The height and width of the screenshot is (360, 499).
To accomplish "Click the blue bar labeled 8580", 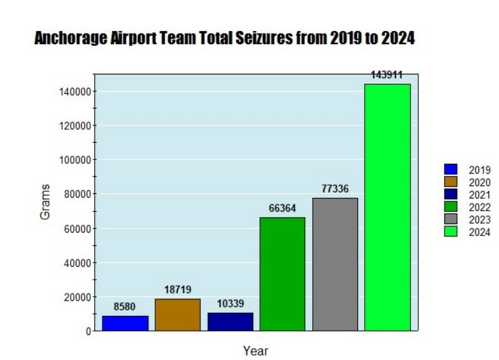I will click(x=125, y=323).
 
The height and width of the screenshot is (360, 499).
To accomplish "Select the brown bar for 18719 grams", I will click(x=178, y=315).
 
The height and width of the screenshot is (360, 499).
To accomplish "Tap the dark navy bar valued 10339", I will click(x=230, y=322).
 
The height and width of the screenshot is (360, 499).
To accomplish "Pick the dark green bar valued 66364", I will click(x=282, y=274).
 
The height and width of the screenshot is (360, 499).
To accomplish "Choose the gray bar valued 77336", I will click(x=335, y=264).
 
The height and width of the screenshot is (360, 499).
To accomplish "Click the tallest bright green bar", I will click(x=387, y=207).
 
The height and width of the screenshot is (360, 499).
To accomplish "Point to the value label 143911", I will click(x=387, y=75).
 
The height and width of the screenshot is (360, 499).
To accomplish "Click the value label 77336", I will click(x=335, y=189).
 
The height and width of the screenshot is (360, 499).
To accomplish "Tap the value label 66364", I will click(x=282, y=208).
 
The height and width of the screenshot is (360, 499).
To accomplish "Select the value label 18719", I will click(x=178, y=290).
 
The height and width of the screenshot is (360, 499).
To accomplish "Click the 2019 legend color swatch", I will click(x=451, y=169).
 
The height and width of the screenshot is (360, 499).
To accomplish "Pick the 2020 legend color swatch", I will click(x=451, y=181).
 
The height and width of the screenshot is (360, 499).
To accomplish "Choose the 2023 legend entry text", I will click(x=480, y=220).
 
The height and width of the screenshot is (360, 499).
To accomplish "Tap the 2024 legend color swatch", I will click(x=451, y=232).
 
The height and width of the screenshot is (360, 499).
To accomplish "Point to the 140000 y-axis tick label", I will click(x=74, y=91).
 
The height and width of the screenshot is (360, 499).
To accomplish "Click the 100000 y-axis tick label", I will click(x=74, y=160).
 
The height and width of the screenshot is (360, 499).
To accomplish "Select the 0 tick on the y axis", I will click(x=88, y=331).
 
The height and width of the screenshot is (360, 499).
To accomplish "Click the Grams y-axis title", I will click(x=45, y=202).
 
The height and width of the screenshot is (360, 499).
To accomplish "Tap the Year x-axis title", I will click(x=256, y=351).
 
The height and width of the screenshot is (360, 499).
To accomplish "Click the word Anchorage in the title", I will click(x=68, y=38).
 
